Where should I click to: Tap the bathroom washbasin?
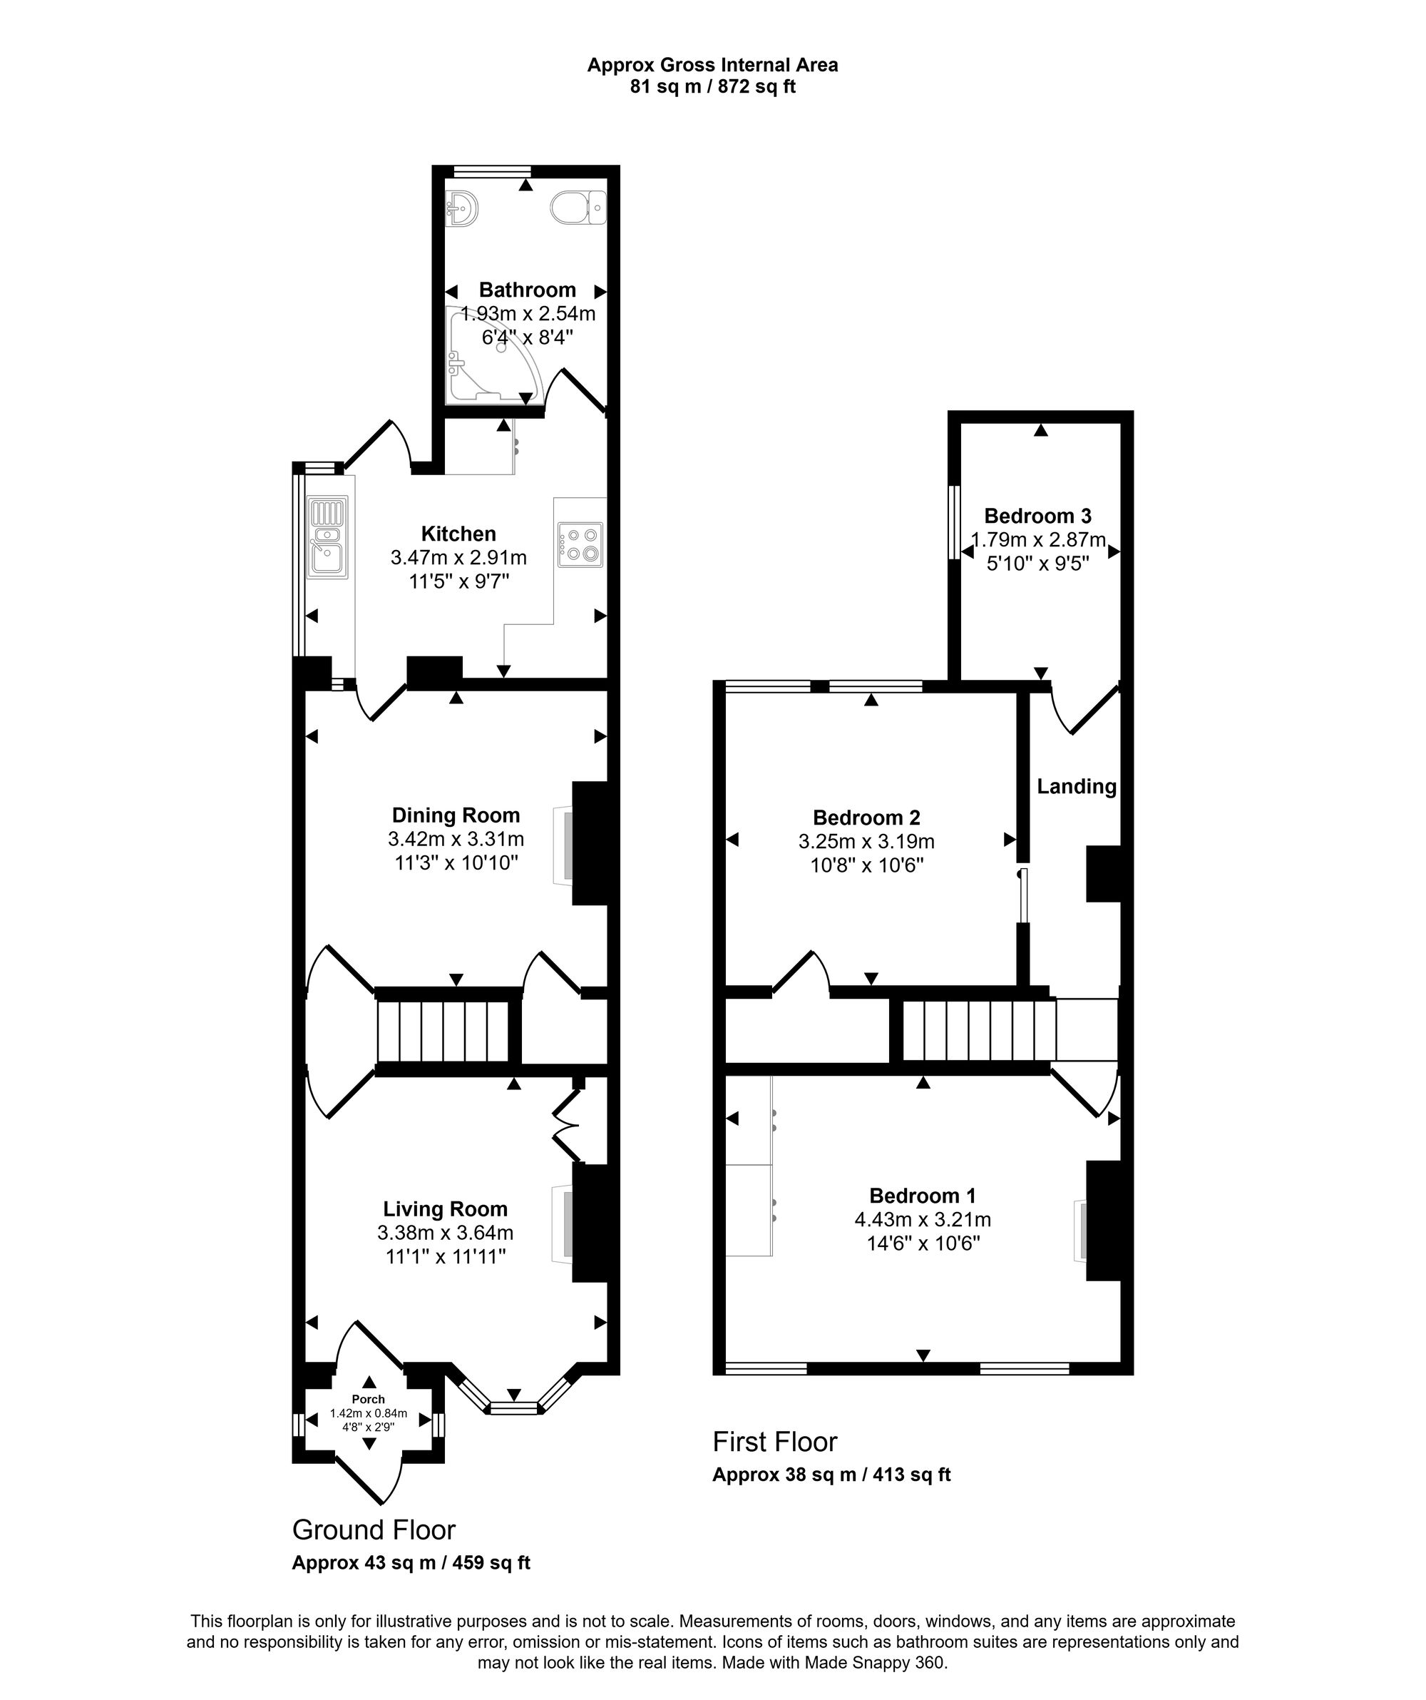click(461, 208)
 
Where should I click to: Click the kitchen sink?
click(328, 536)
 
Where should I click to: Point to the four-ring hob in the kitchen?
click(580, 544)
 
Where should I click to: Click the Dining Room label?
click(456, 815)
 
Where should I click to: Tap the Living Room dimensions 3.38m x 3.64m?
click(445, 1233)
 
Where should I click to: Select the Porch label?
click(368, 1399)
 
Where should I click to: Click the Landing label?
click(1077, 786)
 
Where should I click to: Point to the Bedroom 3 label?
click(1037, 516)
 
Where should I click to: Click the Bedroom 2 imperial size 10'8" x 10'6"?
click(867, 865)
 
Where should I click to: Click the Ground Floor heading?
click(373, 1530)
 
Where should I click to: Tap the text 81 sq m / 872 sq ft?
click(712, 86)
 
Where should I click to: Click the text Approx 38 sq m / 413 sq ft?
click(831, 1474)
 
